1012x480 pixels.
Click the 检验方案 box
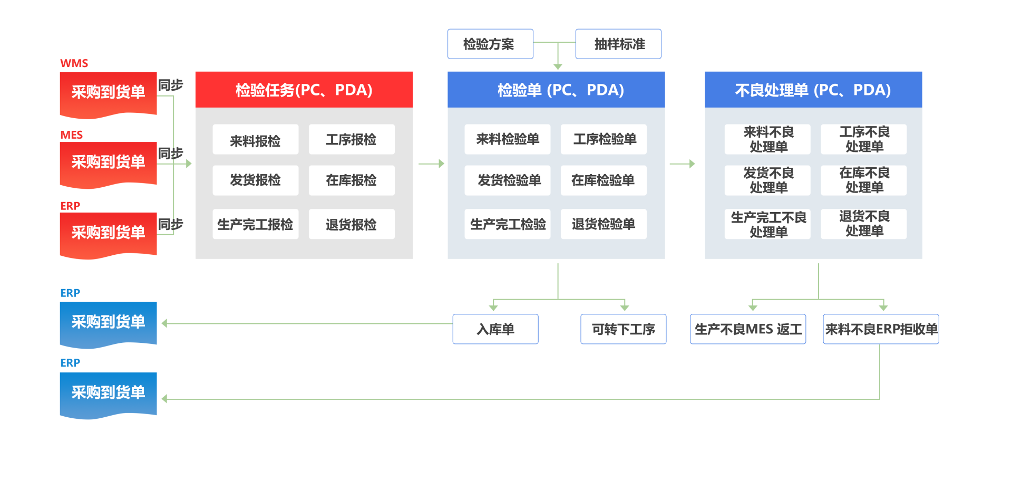[x=490, y=44]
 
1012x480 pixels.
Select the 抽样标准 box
[x=618, y=44]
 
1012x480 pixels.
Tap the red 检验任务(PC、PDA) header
[x=304, y=90]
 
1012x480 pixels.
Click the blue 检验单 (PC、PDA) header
[x=556, y=90]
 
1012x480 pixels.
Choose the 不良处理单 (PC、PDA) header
[x=813, y=90]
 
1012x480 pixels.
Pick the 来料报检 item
[x=256, y=140]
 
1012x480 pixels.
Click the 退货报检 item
[x=352, y=224]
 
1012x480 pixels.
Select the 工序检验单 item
[x=604, y=139]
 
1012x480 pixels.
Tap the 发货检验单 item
[x=508, y=180]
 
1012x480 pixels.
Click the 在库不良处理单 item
[x=864, y=180]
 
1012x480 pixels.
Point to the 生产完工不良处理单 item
[x=767, y=224]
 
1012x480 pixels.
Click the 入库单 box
[x=495, y=329]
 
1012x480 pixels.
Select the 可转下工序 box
[x=623, y=329]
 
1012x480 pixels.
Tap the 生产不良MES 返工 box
[x=748, y=329]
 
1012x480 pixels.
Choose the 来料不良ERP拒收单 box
[x=881, y=329]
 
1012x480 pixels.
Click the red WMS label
[x=74, y=63]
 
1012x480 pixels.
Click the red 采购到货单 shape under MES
[x=108, y=162]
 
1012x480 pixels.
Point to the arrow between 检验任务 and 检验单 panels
[x=431, y=164]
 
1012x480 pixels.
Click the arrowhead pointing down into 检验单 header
[x=558, y=66]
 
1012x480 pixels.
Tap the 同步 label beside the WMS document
[x=170, y=85]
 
